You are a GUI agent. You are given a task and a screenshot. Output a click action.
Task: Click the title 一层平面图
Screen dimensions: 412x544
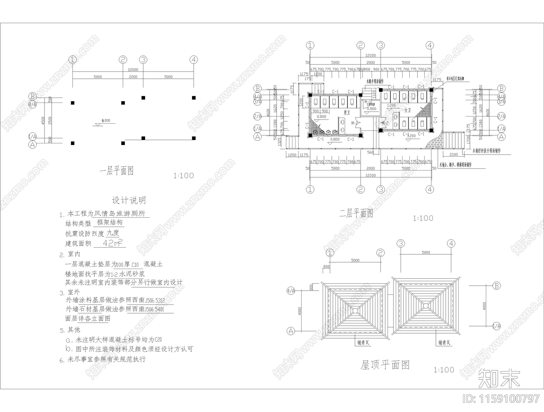click(116, 171)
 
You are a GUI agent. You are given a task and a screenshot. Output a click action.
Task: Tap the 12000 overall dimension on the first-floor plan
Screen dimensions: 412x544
click(133, 69)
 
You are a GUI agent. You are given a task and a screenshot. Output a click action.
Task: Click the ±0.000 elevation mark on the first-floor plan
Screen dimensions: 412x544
click(106, 121)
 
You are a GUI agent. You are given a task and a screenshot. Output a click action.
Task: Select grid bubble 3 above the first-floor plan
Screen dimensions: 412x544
click(143, 60)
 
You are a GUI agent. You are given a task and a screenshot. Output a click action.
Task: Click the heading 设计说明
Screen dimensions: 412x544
click(129, 200)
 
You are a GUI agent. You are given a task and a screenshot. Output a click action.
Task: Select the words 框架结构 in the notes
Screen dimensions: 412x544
click(109, 222)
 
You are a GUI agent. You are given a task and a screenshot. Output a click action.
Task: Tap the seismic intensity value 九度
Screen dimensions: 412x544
click(113, 233)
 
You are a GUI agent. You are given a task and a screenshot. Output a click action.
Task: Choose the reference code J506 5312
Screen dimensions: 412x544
click(155, 300)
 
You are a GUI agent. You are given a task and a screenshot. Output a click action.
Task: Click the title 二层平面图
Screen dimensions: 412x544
click(356, 213)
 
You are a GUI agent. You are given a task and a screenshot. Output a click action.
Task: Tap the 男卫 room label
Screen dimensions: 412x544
click(346, 112)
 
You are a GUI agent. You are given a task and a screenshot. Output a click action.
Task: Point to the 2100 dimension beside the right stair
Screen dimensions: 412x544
click(454, 155)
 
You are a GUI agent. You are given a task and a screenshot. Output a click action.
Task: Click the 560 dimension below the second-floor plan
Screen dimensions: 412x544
click(370, 153)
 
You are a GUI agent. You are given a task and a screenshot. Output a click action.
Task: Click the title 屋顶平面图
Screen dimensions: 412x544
click(385, 365)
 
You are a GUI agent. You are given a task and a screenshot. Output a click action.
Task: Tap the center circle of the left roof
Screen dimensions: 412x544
click(355, 310)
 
